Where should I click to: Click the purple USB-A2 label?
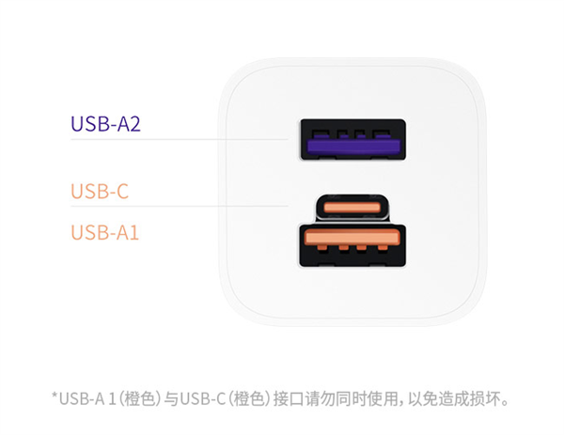[105, 124]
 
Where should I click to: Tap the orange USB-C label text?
[100, 191]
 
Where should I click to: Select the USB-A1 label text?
[104, 232]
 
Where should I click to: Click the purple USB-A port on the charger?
[353, 139]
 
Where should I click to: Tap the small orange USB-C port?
[352, 208]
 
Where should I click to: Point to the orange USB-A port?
[352, 245]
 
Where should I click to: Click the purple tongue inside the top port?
[353, 147]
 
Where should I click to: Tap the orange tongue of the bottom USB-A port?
[352, 238]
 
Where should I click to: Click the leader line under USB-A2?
[180, 139]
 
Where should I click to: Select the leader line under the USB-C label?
[180, 206]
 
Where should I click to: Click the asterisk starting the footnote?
[55, 396]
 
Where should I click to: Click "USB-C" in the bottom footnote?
[203, 399]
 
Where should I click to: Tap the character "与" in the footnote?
[171, 399]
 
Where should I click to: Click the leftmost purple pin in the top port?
[321, 134]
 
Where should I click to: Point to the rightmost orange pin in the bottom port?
[383, 248]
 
